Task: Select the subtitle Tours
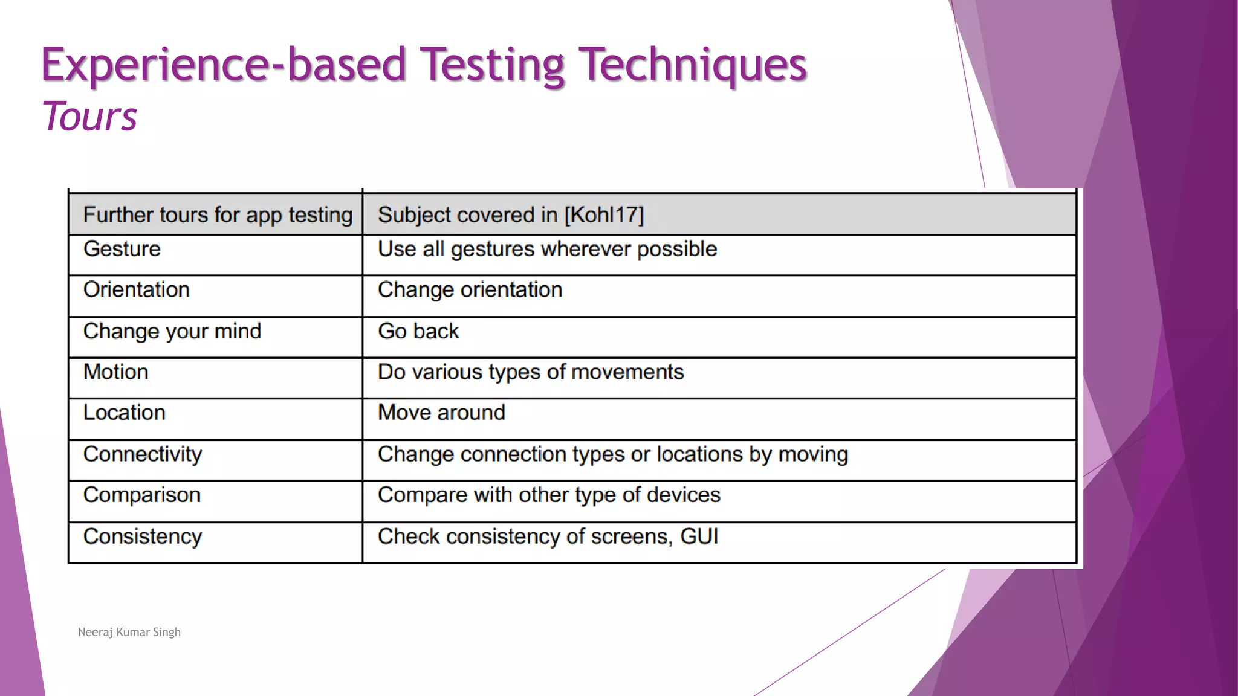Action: coord(89,116)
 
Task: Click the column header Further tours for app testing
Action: coord(218,215)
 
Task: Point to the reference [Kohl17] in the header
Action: coord(604,215)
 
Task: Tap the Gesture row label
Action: coord(122,249)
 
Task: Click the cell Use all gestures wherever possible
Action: coord(547,249)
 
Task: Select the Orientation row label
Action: coord(137,290)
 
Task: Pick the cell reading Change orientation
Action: coord(470,290)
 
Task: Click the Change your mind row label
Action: coord(172,332)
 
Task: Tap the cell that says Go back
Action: coord(418,332)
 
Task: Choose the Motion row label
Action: coord(116,372)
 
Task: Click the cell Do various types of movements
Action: coord(531,372)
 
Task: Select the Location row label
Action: coord(125,413)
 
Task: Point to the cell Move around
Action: coord(441,413)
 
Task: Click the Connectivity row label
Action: coord(143,454)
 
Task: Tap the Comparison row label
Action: coord(142,495)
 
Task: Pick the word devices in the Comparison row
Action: coord(683,495)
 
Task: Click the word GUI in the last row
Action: coord(699,536)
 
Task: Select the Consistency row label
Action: coord(143,536)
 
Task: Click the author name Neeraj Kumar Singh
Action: coord(129,632)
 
